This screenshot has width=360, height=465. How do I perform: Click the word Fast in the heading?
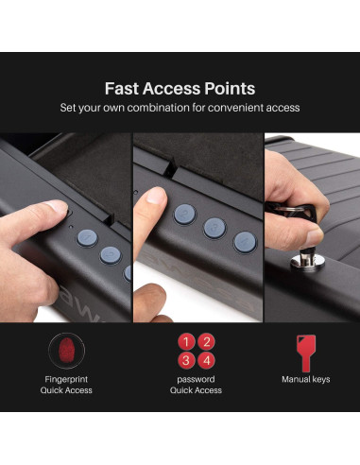[x=122, y=89]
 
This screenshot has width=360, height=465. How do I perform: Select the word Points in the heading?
[x=230, y=89]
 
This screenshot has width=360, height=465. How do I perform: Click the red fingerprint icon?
[x=66, y=351]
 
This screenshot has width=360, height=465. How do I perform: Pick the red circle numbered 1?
[x=186, y=342]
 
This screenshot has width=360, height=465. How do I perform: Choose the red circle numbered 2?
[x=207, y=342]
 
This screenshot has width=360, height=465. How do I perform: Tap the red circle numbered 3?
[x=186, y=361]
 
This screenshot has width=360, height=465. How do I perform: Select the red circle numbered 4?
[x=207, y=361]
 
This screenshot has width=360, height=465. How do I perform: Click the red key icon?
[x=306, y=353]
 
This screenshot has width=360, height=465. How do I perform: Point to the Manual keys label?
[x=306, y=379]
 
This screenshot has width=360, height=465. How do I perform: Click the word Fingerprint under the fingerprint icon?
[x=66, y=379]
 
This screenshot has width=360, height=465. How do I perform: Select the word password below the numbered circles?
[x=196, y=380]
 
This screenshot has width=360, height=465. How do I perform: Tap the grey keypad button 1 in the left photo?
[x=87, y=238]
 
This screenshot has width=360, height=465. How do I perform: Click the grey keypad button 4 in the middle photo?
[x=245, y=242]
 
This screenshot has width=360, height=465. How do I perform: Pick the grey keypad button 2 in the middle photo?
[x=185, y=215]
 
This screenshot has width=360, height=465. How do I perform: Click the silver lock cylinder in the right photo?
[x=307, y=261]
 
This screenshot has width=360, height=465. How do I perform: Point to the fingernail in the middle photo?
[x=157, y=196]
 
